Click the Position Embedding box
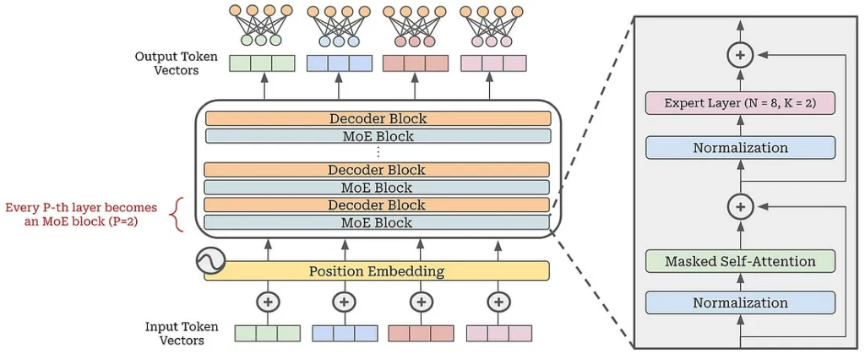click(x=377, y=271)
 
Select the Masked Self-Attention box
click(x=740, y=260)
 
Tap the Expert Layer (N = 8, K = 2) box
click(x=740, y=103)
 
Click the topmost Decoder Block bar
click(x=378, y=118)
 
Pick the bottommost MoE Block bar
click(x=377, y=222)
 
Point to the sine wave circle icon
click(x=210, y=260)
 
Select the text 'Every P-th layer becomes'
click(x=81, y=208)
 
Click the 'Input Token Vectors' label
click(x=182, y=333)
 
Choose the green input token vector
click(x=268, y=334)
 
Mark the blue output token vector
click(x=339, y=63)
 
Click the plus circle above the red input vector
click(x=421, y=302)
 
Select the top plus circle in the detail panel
click(x=740, y=55)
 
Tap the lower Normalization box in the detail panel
click(x=740, y=303)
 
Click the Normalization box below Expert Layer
click(x=740, y=148)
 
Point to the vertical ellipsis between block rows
click(x=378, y=152)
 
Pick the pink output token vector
click(x=492, y=63)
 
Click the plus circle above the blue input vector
click(x=344, y=302)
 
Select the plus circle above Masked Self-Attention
click(x=740, y=206)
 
